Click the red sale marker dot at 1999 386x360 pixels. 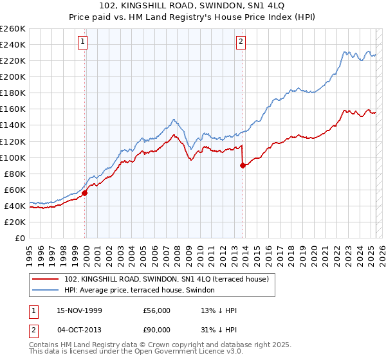pos(85,192)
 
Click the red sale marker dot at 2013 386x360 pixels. pos(243,165)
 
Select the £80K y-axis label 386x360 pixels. pos(14,174)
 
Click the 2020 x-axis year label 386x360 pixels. pos(313,251)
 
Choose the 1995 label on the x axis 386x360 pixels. pos(30,251)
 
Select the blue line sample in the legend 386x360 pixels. pos(46,291)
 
